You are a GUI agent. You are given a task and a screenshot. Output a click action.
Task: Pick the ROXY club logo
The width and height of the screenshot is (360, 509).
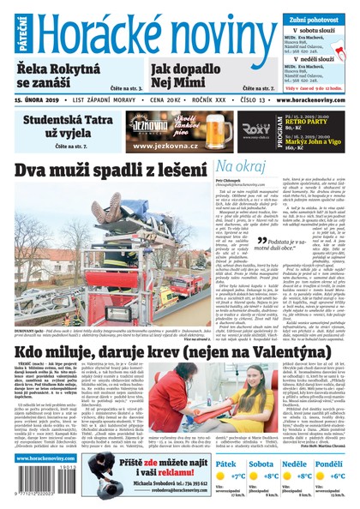(x=253, y=129)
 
